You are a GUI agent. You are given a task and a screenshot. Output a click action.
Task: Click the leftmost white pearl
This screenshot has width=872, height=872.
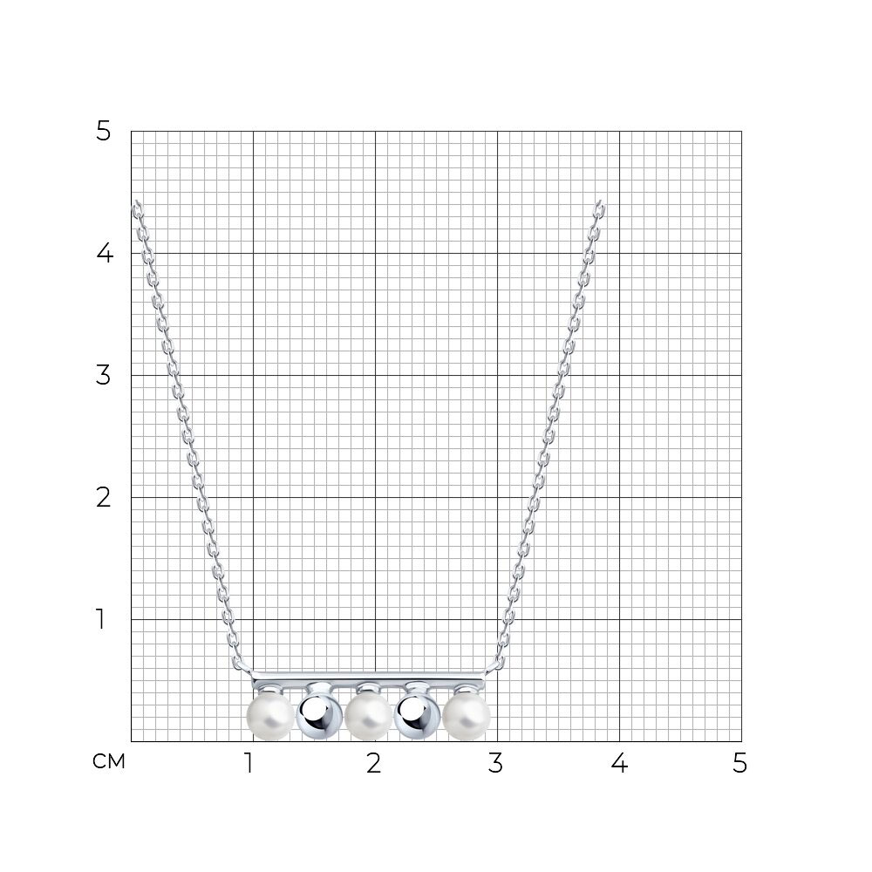pyautogui.click(x=270, y=716)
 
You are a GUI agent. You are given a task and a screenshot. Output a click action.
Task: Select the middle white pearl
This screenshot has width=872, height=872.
pyautogui.click(x=369, y=716)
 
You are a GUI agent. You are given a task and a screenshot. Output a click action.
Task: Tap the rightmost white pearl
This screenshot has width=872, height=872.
pyautogui.click(x=467, y=716)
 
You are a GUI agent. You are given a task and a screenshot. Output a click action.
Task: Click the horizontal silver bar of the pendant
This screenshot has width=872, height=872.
pyautogui.click(x=368, y=678)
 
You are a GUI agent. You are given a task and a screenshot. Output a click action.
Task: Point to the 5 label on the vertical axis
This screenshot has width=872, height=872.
pyautogui.click(x=104, y=132)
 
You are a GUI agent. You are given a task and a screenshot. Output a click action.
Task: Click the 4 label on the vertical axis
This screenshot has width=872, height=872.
pyautogui.click(x=105, y=254)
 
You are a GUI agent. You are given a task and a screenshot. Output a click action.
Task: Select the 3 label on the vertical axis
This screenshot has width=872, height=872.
pyautogui.click(x=104, y=375)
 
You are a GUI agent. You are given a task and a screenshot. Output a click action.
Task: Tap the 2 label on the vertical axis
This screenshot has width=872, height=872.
pyautogui.click(x=104, y=497)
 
